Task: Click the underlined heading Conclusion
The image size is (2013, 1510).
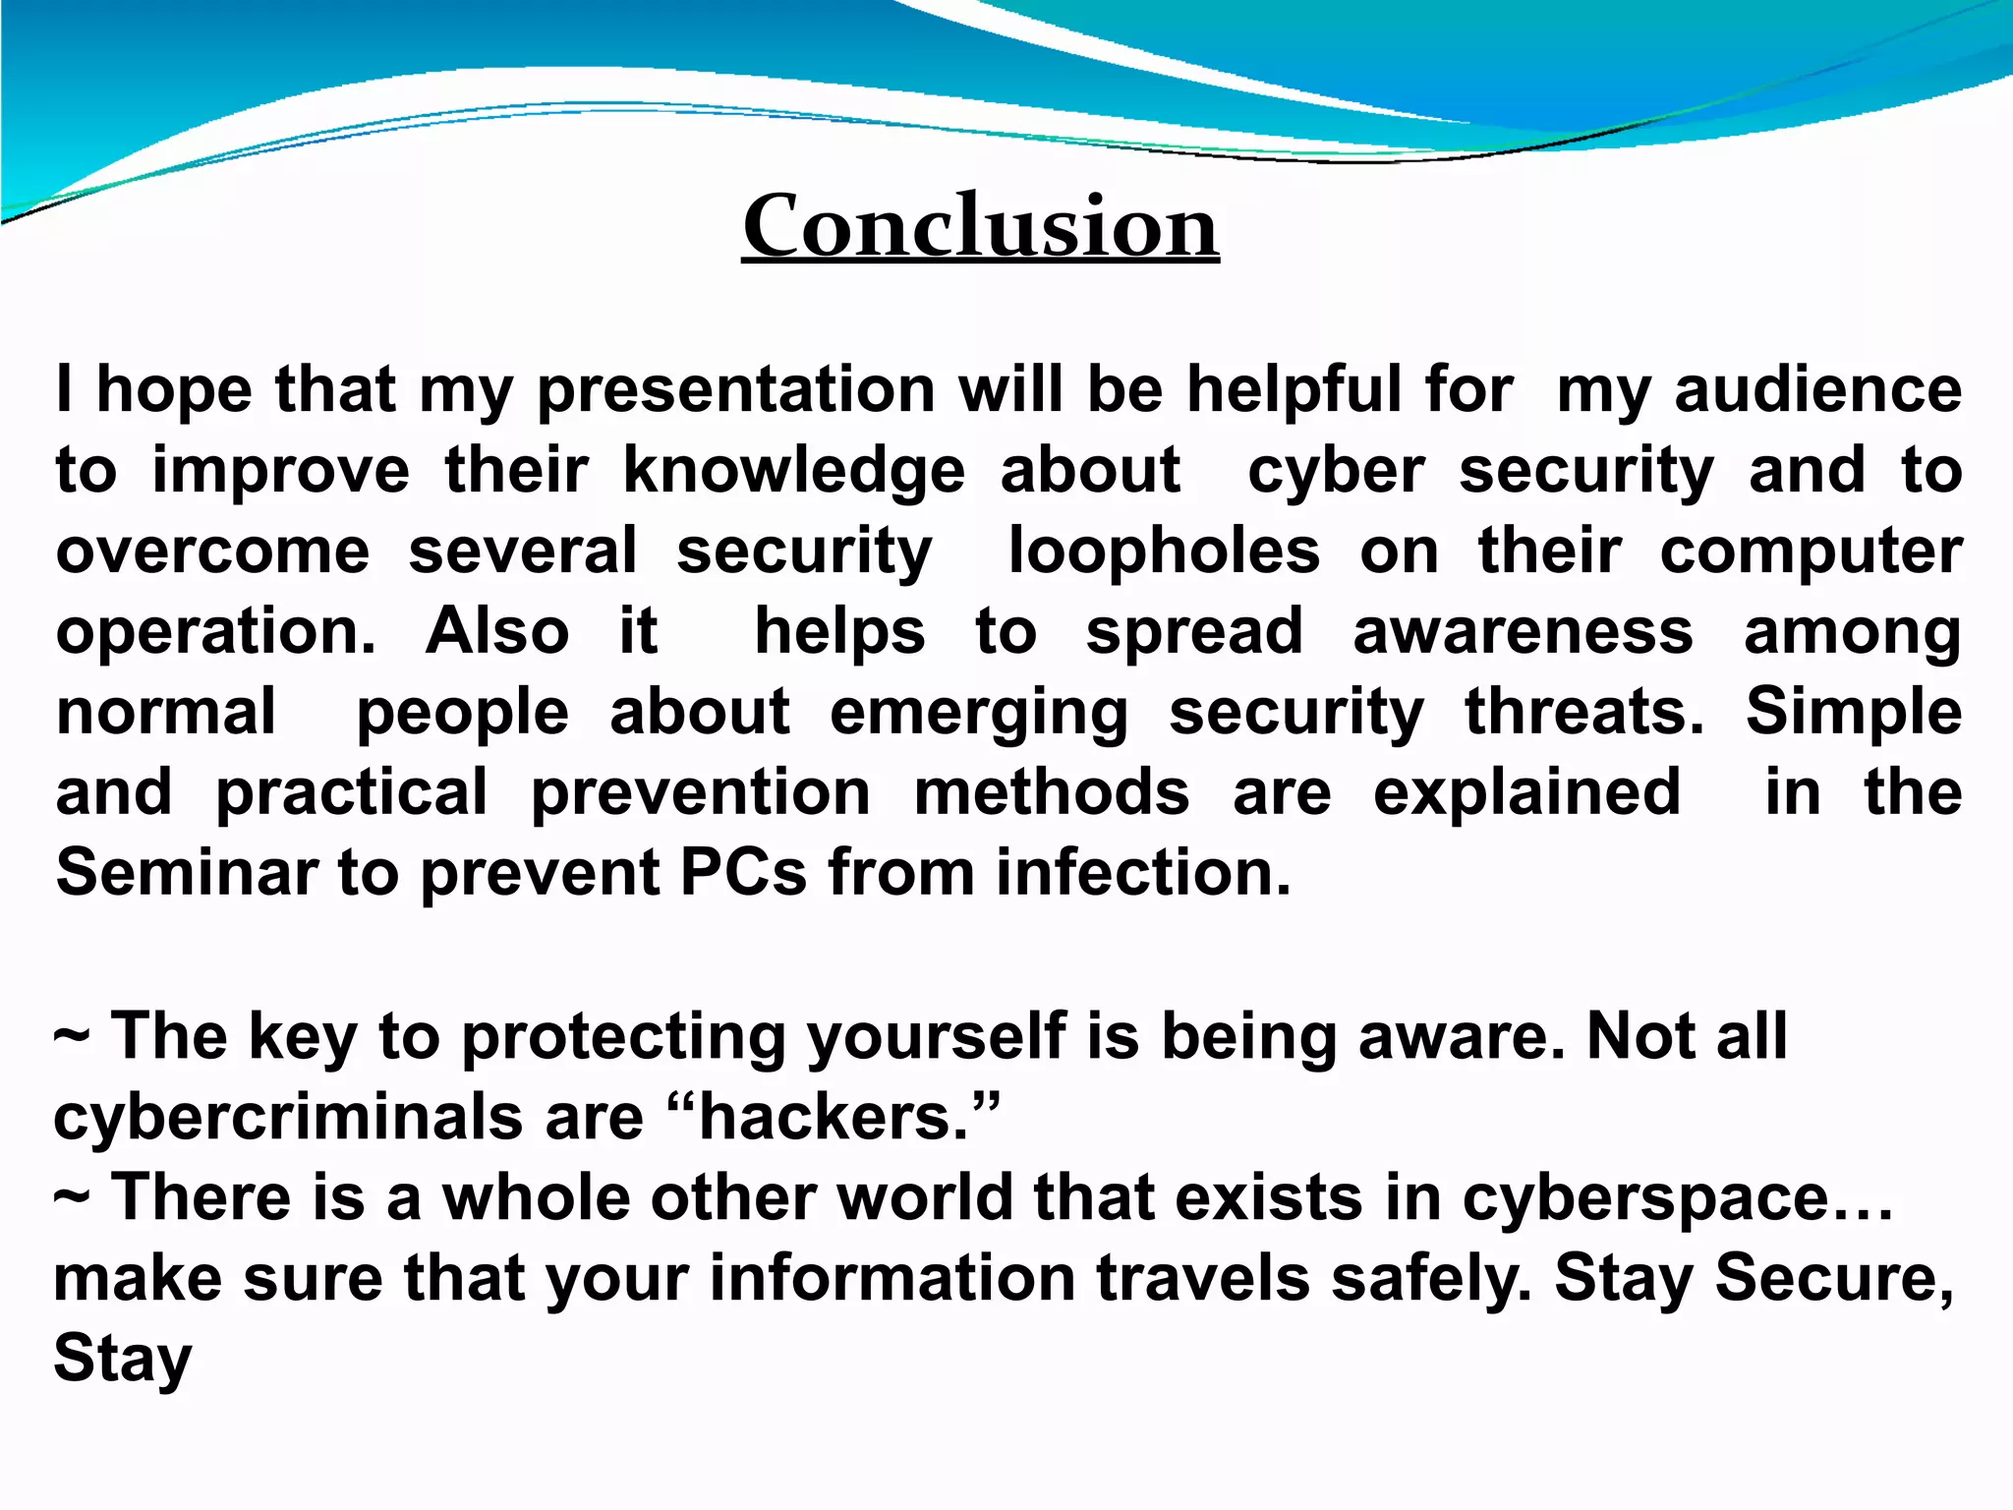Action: pos(980,226)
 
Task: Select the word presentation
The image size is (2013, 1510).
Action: pos(735,390)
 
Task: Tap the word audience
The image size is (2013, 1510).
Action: pos(1817,390)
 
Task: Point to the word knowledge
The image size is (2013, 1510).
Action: pos(794,471)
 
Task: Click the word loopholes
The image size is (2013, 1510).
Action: pos(1164,552)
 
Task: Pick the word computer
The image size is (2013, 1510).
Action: pos(1811,552)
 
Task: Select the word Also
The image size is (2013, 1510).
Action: pos(497,631)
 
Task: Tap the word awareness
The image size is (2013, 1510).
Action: pos(1523,631)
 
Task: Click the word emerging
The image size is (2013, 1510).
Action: pos(979,713)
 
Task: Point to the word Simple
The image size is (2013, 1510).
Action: pos(1853,712)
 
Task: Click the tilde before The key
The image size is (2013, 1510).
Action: pos(72,1036)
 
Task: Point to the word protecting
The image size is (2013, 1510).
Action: pos(623,1038)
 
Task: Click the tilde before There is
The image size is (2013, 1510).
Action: pos(72,1197)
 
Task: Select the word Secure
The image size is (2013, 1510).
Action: pos(1834,1278)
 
